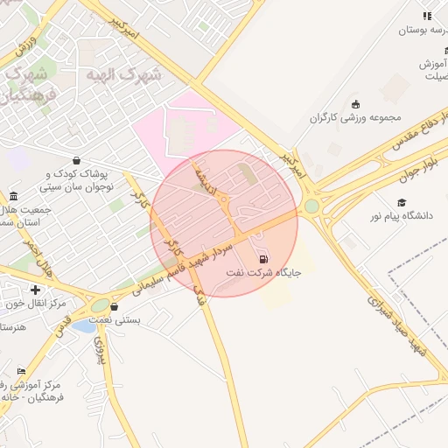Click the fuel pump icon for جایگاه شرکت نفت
[x=262, y=259]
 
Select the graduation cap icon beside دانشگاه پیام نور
[x=402, y=202]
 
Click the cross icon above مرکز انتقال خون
[x=34, y=290]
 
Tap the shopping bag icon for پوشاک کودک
[x=77, y=160]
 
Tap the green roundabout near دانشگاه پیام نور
[x=311, y=206]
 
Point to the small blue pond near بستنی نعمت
[x=84, y=325]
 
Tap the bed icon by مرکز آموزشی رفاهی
[x=22, y=372]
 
